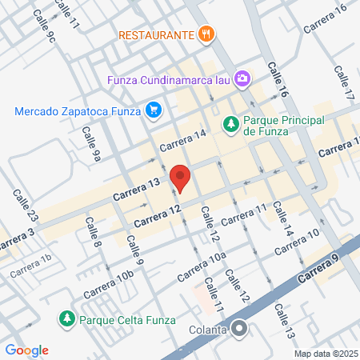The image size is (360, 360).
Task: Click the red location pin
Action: (180, 178)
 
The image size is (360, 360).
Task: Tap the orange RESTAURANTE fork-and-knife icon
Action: (206, 34)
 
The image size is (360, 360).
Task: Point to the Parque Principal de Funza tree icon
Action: (230, 124)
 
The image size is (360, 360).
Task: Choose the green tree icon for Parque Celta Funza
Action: (66, 318)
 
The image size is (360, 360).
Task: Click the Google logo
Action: (26, 350)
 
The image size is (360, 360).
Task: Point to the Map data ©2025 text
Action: (325, 354)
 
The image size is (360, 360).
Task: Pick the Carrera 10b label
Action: (113, 278)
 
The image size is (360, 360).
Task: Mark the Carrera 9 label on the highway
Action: (319, 267)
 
